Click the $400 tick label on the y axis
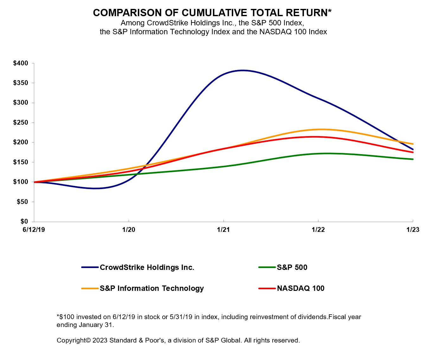[21, 63]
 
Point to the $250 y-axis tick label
[21, 122]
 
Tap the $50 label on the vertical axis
[22, 202]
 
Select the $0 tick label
[24, 221]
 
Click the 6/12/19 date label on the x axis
[34, 230]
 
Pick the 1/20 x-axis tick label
[129, 230]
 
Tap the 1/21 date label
[223, 230]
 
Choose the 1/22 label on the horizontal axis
[318, 230]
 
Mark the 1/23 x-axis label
[413, 230]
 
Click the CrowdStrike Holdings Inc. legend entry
[147, 267]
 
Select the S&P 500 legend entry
[292, 267]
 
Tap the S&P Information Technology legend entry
[151, 288]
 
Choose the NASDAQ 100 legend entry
[300, 288]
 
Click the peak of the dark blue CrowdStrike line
[243, 70]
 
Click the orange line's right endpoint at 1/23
[413, 144]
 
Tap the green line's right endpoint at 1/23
[413, 159]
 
